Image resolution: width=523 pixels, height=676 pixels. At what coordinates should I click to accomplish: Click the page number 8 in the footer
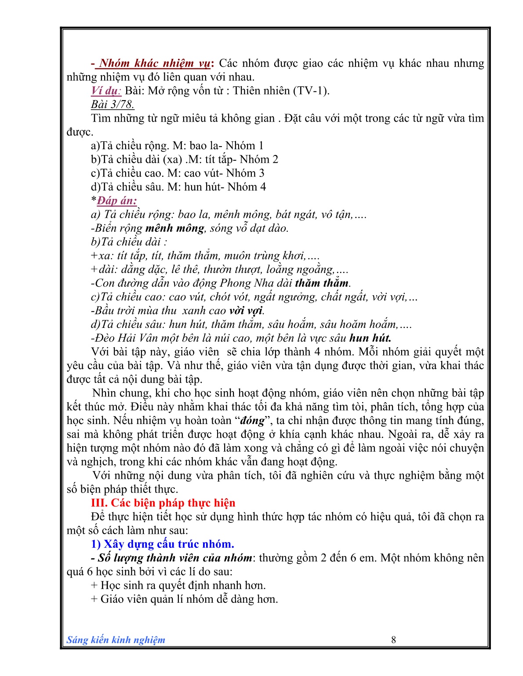pyautogui.click(x=393, y=640)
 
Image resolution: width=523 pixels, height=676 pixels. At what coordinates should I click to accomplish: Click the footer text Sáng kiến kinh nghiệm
pyautogui.click(x=116, y=640)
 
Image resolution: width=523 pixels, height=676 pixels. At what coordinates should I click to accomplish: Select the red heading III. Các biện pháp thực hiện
pyautogui.click(x=163, y=503)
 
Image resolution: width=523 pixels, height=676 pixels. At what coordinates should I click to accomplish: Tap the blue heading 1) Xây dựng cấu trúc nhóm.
pyautogui.click(x=163, y=544)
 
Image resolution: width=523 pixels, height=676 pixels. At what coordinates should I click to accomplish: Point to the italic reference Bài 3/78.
pyautogui.click(x=113, y=104)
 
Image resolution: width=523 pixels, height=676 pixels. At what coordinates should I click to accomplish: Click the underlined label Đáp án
pyautogui.click(x=117, y=201)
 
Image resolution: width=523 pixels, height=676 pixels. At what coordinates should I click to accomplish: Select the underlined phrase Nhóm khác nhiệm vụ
pyautogui.click(x=155, y=63)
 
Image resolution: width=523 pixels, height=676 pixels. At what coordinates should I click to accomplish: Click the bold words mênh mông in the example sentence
pyautogui.click(x=175, y=228)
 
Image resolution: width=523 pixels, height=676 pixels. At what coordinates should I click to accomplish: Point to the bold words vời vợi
pyautogui.click(x=246, y=311)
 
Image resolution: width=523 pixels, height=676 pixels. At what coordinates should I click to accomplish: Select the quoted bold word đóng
pyautogui.click(x=252, y=421)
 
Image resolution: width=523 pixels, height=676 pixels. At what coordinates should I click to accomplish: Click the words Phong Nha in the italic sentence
pyautogui.click(x=242, y=283)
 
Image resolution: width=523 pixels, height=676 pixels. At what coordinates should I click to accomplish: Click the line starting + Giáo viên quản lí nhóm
pyautogui.click(x=185, y=599)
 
